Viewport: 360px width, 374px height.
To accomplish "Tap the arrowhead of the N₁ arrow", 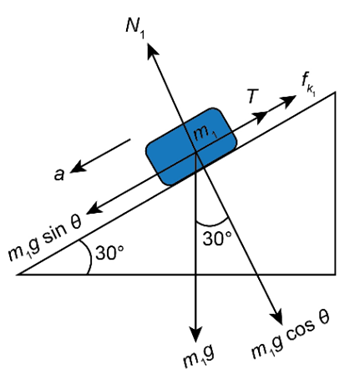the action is [152, 50].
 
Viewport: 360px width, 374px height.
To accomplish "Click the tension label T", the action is [253, 97].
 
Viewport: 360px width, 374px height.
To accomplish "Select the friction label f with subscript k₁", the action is [309, 85].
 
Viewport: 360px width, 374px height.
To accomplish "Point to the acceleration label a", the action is [59, 174].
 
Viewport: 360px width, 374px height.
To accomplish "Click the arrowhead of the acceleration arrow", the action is [78, 167].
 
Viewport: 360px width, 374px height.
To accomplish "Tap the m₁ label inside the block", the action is [205, 133].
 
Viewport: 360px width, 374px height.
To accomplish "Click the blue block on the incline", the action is [192, 147].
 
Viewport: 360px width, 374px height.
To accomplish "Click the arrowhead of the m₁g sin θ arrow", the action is [95, 209].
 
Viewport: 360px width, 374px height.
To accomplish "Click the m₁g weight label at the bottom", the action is [198, 358].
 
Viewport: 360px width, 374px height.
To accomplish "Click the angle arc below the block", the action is [212, 224].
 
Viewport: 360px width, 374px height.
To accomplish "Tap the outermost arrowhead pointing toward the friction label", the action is [288, 100].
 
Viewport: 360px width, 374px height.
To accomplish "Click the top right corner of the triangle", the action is [335, 92].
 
